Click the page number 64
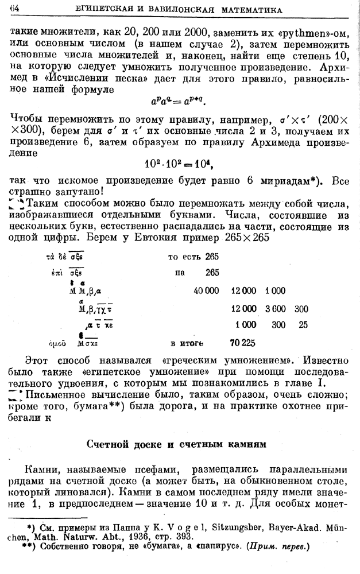[x=15, y=10]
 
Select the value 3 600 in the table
[x=276, y=309]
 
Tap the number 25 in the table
[x=303, y=325]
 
